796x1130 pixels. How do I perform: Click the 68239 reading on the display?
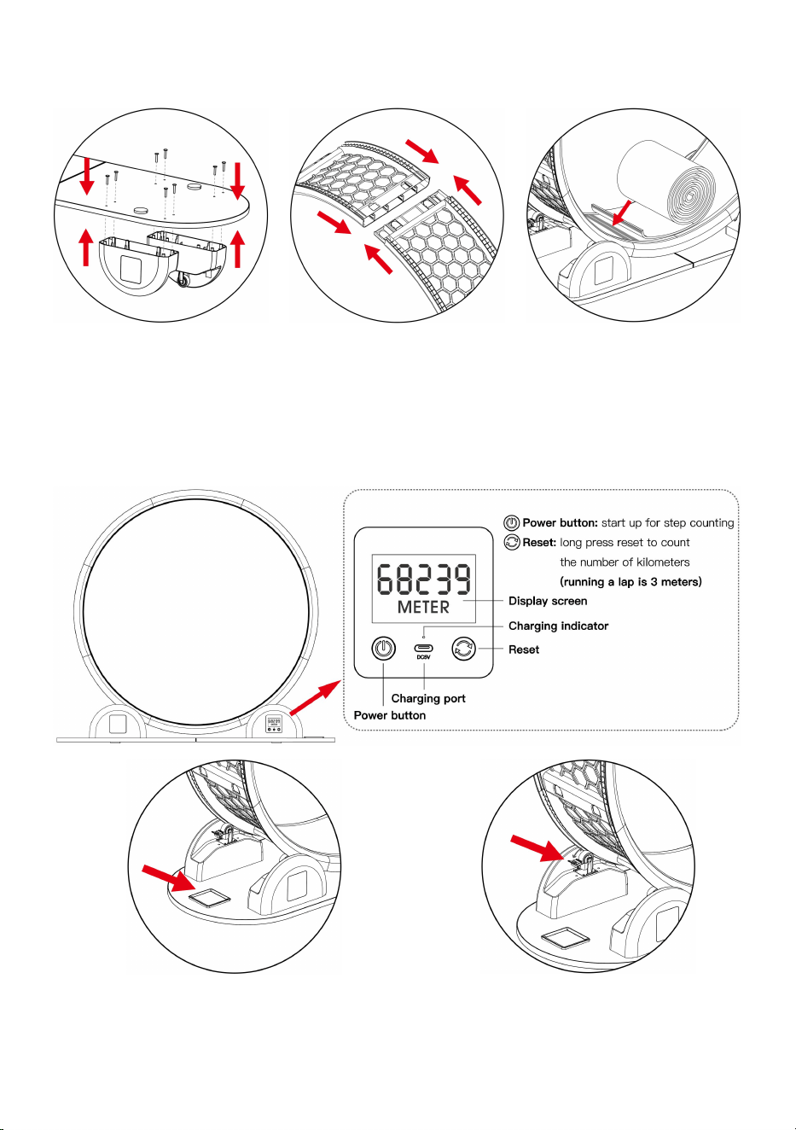point(424,580)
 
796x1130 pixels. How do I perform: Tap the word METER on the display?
point(423,607)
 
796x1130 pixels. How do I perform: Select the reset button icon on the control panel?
point(463,649)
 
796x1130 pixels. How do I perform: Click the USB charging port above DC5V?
point(423,649)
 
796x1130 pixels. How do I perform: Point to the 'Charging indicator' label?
point(559,626)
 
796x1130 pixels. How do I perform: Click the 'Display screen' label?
point(548,601)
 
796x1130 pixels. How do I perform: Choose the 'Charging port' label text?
point(428,699)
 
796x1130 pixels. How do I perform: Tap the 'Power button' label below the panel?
point(389,715)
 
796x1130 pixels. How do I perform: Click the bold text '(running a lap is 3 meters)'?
point(630,582)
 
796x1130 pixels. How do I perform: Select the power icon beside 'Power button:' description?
point(512,522)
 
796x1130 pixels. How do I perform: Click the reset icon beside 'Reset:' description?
point(512,542)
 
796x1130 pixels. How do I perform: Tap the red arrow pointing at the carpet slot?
point(621,213)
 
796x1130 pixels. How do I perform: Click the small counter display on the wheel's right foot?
point(274,724)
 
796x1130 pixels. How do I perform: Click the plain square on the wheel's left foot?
point(117,724)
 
